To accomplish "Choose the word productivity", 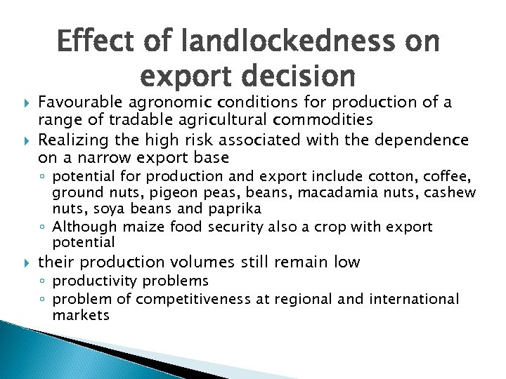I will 102,281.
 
